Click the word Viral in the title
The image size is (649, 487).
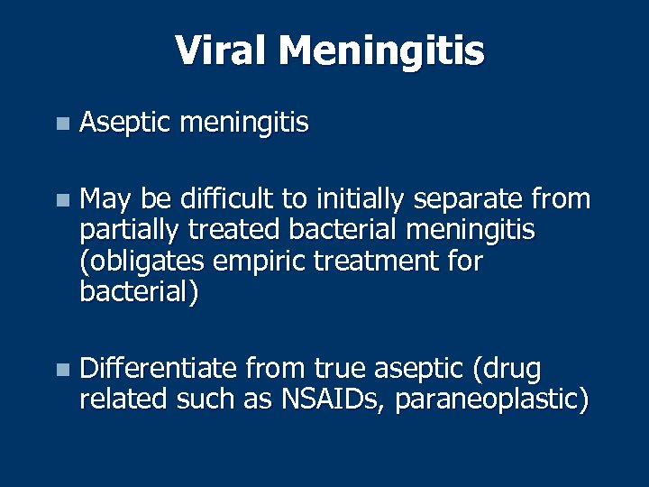pos(222,51)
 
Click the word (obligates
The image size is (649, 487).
pos(134,262)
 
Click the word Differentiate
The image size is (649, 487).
pos(158,369)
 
